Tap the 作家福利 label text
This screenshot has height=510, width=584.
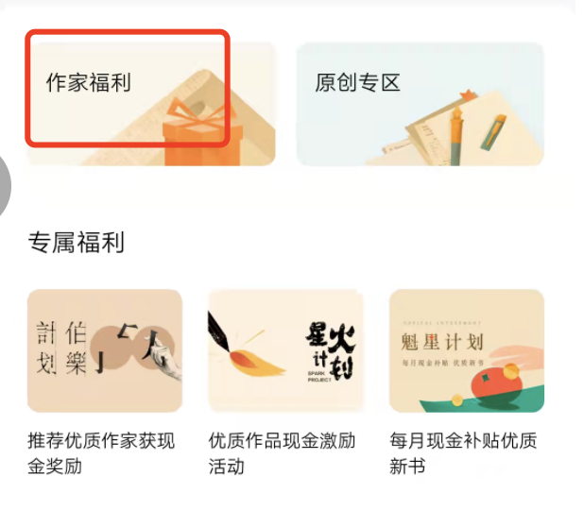(x=89, y=82)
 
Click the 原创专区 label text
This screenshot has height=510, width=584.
(x=357, y=82)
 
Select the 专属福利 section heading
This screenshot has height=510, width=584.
(x=77, y=243)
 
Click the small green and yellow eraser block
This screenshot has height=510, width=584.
(x=494, y=134)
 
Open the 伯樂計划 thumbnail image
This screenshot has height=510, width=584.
(x=104, y=350)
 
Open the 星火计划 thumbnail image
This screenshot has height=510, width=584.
(x=285, y=350)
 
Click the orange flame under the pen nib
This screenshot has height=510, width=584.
(x=255, y=364)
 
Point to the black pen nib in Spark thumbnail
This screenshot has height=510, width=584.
(x=227, y=327)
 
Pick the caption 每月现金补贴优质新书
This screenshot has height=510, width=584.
(x=464, y=452)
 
